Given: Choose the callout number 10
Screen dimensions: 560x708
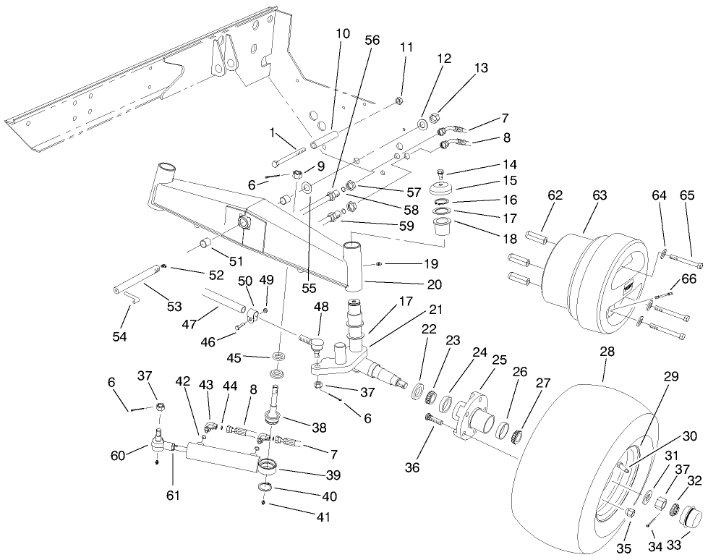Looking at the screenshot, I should [x=342, y=34].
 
